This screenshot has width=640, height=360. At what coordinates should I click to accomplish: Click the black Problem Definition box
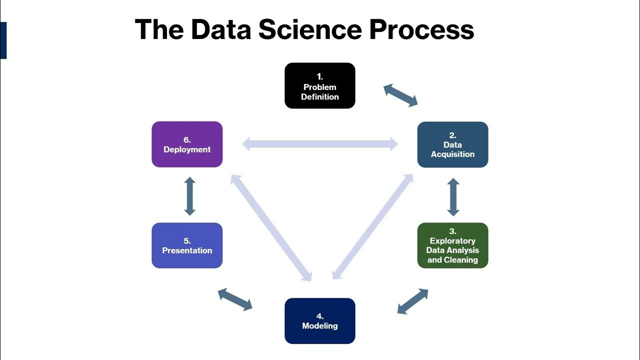[320, 85]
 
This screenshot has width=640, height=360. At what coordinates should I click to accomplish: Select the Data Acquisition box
[452, 144]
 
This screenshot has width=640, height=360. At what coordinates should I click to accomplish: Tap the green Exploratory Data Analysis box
[452, 245]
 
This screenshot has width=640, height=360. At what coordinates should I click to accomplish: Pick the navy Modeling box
[320, 321]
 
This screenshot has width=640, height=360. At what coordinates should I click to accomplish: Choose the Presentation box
[187, 245]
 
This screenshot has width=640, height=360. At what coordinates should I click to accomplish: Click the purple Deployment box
[187, 144]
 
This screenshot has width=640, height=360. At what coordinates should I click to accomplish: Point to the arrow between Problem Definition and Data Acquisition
[400, 95]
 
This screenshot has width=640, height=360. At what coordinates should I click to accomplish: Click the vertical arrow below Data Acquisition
[453, 197]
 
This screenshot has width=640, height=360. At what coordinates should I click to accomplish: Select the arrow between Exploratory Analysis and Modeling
[413, 301]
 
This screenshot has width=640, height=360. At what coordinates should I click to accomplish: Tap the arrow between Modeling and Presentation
[235, 299]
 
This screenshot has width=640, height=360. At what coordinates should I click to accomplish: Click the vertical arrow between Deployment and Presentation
[189, 196]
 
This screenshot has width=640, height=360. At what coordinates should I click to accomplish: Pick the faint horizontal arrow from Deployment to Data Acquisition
[320, 144]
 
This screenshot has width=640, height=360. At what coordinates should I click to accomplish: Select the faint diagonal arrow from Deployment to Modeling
[271, 227]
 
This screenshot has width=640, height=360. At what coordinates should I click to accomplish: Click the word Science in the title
[309, 29]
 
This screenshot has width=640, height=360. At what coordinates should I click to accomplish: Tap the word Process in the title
[421, 29]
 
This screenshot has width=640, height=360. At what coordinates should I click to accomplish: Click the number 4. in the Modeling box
[320, 316]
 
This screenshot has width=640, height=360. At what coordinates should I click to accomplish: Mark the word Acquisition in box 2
[452, 154]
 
